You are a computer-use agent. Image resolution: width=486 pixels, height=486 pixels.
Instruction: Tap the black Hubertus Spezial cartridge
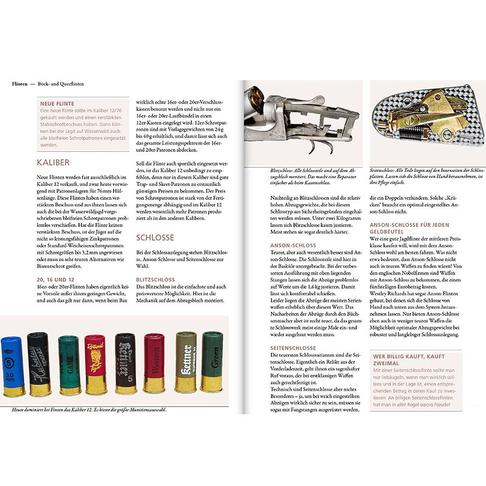[39, 362]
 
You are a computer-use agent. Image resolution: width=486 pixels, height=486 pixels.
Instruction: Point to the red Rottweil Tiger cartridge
[95, 363]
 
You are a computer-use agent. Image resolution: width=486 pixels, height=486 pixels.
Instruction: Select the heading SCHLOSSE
[155, 238]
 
